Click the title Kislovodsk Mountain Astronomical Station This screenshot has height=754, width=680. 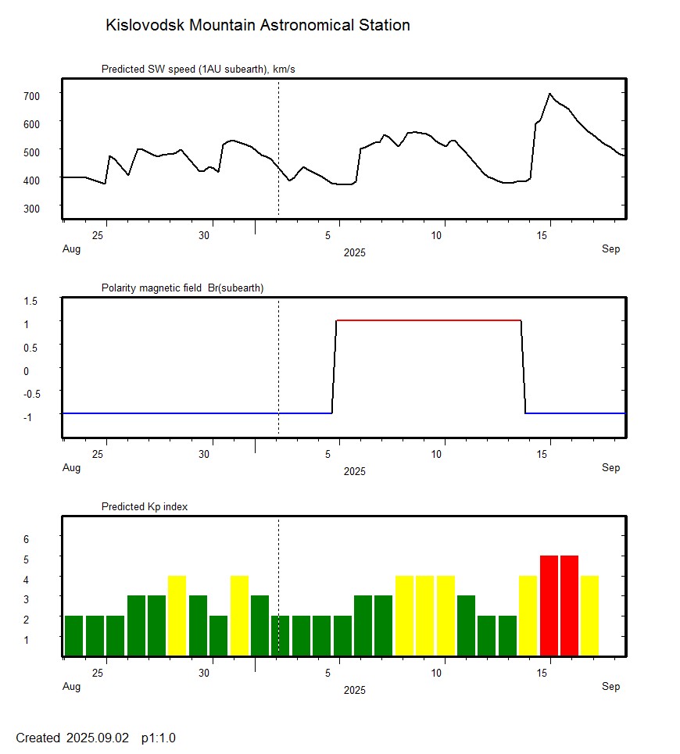coord(257,25)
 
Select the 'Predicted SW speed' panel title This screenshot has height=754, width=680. coord(198,70)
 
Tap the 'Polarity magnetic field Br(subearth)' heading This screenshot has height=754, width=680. coord(182,288)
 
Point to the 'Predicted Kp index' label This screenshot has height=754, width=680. coord(145,506)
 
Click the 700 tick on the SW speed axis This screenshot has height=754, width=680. coord(31,95)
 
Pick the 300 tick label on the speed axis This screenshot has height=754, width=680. coord(31,208)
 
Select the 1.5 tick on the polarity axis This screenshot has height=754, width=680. coord(31,300)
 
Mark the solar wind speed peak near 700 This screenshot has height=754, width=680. coord(549,94)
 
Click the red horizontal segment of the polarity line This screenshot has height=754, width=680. coord(428,320)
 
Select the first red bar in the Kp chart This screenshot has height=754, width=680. coord(549,606)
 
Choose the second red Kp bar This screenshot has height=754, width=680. coord(569,606)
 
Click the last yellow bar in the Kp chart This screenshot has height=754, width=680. coord(589,616)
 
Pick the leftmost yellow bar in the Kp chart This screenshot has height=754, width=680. coord(177,616)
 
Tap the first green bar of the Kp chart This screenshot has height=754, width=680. coord(74,635)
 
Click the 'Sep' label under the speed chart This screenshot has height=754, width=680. coord(610,249)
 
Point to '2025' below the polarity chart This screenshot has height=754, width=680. coord(354,471)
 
